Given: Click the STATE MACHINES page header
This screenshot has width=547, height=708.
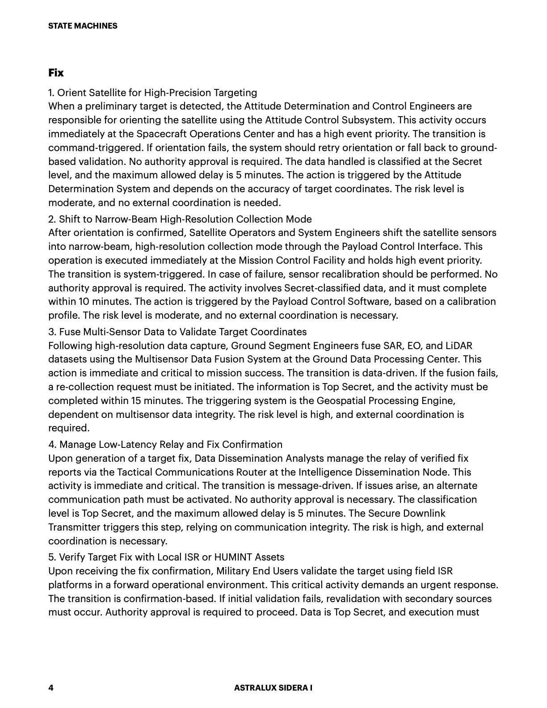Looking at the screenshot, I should pyautogui.click(x=83, y=26).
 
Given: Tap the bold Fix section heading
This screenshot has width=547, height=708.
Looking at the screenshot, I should pyautogui.click(x=56, y=72).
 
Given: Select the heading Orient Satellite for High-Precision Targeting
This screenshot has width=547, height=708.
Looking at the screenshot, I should pyautogui.click(x=153, y=93).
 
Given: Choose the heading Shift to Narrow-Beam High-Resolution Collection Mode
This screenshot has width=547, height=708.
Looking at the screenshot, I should pyautogui.click(x=180, y=219).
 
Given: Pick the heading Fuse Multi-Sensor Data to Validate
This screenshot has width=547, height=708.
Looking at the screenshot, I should pyautogui.click(x=177, y=332).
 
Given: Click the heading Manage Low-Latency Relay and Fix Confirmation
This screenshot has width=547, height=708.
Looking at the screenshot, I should pyautogui.click(x=165, y=444).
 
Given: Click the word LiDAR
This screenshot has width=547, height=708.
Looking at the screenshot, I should pyautogui.click(x=459, y=346).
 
